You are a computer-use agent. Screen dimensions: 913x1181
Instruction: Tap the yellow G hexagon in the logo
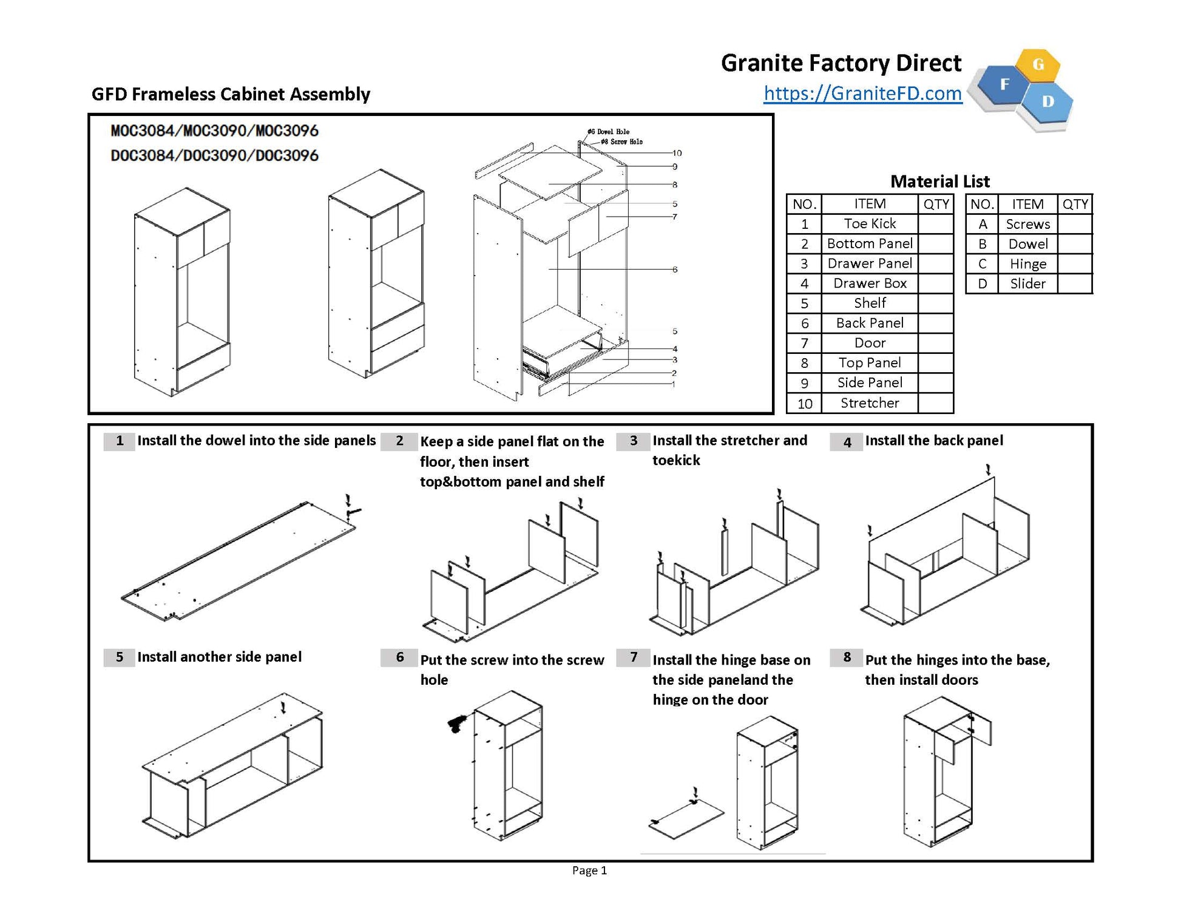coord(1038,64)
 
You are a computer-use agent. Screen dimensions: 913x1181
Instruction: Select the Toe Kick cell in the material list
coord(869,223)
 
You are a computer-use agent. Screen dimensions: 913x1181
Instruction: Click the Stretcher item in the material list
coord(869,402)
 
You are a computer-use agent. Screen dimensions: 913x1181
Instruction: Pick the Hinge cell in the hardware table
coord(1027,263)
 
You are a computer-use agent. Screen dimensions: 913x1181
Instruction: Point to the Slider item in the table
coord(1027,283)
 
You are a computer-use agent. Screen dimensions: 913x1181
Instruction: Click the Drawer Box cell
coord(869,283)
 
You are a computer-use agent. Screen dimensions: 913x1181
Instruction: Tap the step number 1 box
coord(120,441)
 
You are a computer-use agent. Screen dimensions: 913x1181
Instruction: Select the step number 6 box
coord(399,657)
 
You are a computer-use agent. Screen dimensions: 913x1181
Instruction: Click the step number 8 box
coord(847,657)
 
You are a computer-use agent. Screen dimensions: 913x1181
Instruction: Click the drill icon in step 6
coord(456,723)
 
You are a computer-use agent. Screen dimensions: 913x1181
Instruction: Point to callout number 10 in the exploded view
coord(677,153)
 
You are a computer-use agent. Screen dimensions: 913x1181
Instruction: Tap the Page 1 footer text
coord(589,871)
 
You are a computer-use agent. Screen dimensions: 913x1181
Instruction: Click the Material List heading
coord(939,181)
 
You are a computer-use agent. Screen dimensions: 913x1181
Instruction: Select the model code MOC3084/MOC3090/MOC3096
coord(214,131)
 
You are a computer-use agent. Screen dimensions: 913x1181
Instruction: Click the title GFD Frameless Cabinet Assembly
coord(231,94)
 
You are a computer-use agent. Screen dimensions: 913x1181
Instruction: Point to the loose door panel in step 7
coord(686,819)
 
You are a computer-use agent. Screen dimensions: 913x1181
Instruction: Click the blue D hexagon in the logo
coord(1047,102)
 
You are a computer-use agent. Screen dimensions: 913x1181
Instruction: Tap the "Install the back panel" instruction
coord(933,441)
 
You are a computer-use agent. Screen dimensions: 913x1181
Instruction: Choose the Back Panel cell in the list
coord(869,323)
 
